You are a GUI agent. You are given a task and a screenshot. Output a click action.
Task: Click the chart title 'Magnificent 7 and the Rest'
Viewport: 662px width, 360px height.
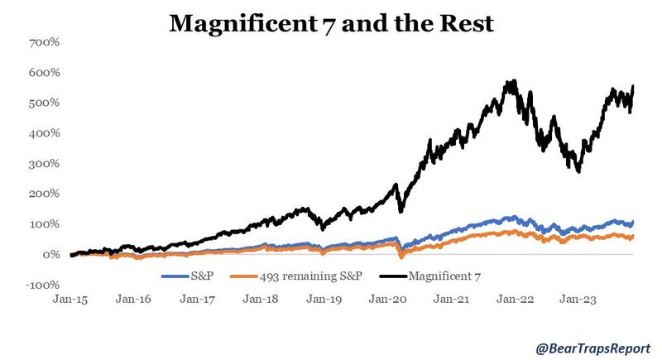[331, 23]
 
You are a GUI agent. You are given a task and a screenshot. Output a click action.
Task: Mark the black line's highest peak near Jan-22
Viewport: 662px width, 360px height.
[513, 81]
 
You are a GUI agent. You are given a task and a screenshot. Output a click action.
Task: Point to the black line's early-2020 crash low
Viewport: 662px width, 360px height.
[401, 211]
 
